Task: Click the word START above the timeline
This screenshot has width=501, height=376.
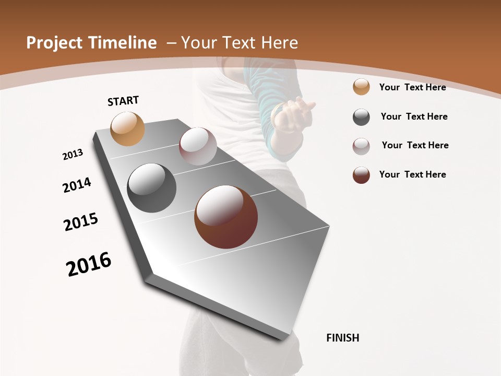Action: [x=123, y=101]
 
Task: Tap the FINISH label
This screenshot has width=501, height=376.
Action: [x=343, y=338]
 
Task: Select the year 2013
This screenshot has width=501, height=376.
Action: [x=73, y=155]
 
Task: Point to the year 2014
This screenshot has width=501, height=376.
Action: [x=77, y=185]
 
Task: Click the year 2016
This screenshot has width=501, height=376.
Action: [x=89, y=264]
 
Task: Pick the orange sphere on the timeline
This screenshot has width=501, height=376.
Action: [x=128, y=128]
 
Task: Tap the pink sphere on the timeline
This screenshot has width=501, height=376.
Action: [x=198, y=146]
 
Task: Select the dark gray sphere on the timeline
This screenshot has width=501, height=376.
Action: [x=152, y=188]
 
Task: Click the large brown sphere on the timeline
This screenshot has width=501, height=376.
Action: [x=226, y=217]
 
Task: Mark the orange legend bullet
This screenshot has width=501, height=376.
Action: [x=361, y=87]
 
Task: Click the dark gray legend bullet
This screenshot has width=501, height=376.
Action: [x=361, y=117]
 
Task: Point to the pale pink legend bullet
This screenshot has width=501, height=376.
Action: [x=361, y=146]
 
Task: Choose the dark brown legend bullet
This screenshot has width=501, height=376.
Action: [x=361, y=175]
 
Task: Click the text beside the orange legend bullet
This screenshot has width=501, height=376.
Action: [x=412, y=87]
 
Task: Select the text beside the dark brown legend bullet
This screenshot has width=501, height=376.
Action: [x=412, y=174]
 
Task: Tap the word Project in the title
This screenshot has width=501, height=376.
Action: [x=54, y=43]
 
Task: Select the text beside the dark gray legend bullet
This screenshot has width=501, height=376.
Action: [x=414, y=116]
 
